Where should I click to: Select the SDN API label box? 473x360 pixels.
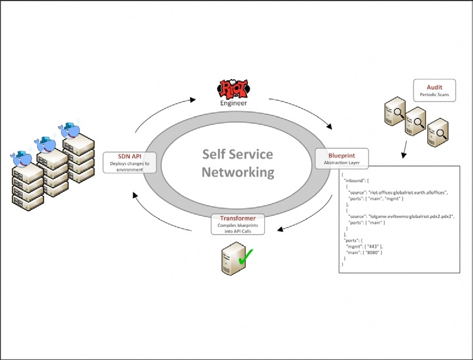pos(130,162)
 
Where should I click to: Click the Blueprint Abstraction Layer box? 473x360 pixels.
pos(341,158)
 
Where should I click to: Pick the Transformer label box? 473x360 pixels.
pos(238,223)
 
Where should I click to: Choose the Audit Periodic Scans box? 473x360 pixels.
pos(434,90)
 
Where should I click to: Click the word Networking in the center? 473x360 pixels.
pos(238,172)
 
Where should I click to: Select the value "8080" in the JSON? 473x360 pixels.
pos(373,252)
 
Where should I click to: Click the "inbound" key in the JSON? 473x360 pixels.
pos(355,179)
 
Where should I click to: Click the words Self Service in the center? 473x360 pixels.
pos(238,154)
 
